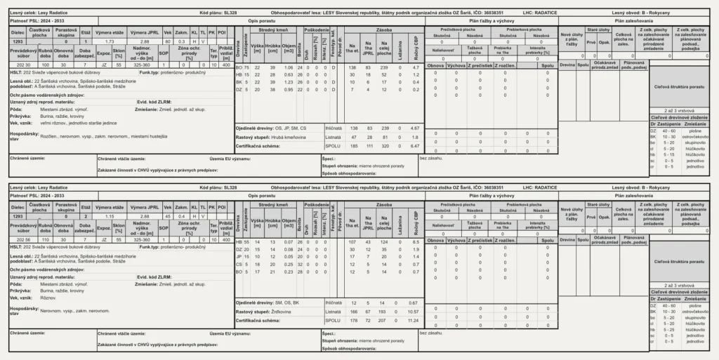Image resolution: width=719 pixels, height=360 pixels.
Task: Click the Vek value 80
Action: point(166,42)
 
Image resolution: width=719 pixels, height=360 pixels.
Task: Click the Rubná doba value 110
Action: point(44,240)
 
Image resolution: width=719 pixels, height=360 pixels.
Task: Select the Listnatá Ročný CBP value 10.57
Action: point(414,312)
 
